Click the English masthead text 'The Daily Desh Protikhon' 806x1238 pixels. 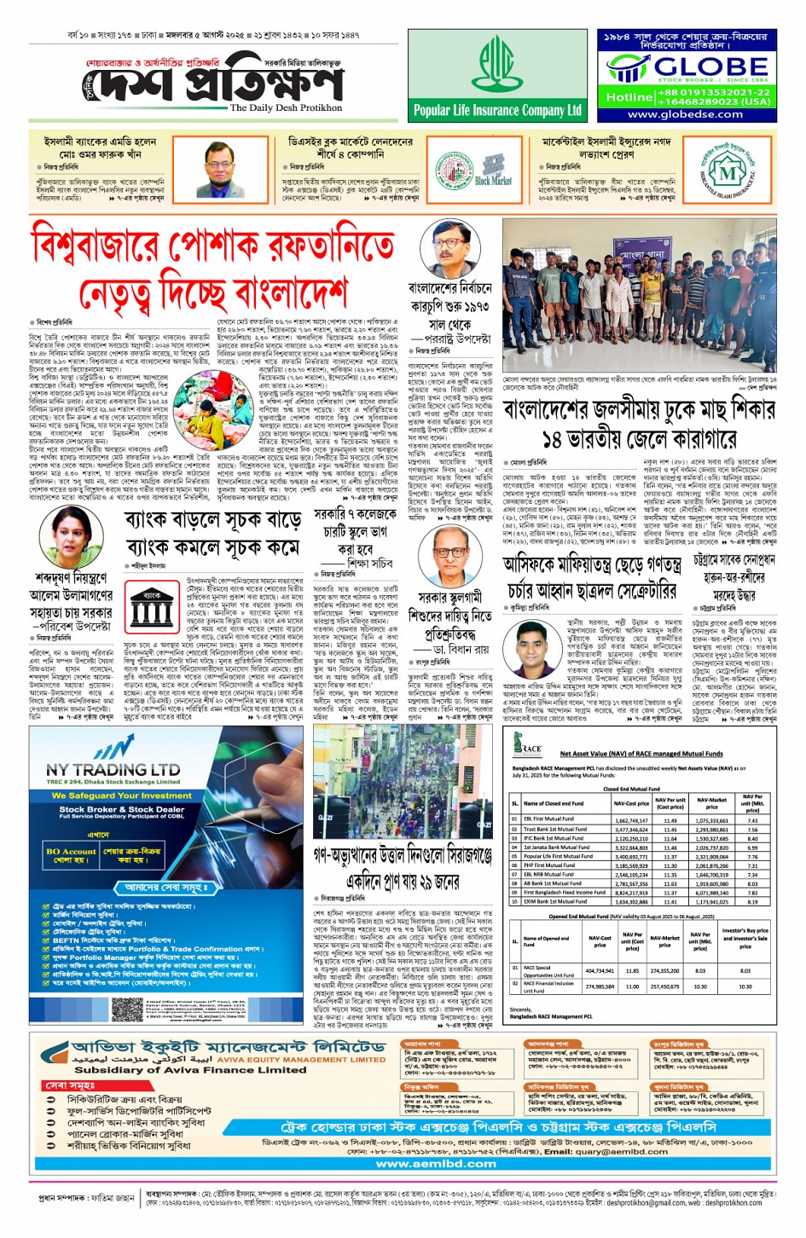286,107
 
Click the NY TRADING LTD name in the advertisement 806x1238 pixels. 113,769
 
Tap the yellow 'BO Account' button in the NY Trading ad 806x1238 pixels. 71,855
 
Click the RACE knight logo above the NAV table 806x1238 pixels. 527,745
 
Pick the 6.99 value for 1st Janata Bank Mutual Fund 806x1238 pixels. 752,848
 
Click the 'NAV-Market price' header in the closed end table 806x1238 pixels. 711,803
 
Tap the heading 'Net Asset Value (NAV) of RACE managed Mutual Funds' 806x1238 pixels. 641,754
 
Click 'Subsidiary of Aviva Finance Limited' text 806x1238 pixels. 189,1070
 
